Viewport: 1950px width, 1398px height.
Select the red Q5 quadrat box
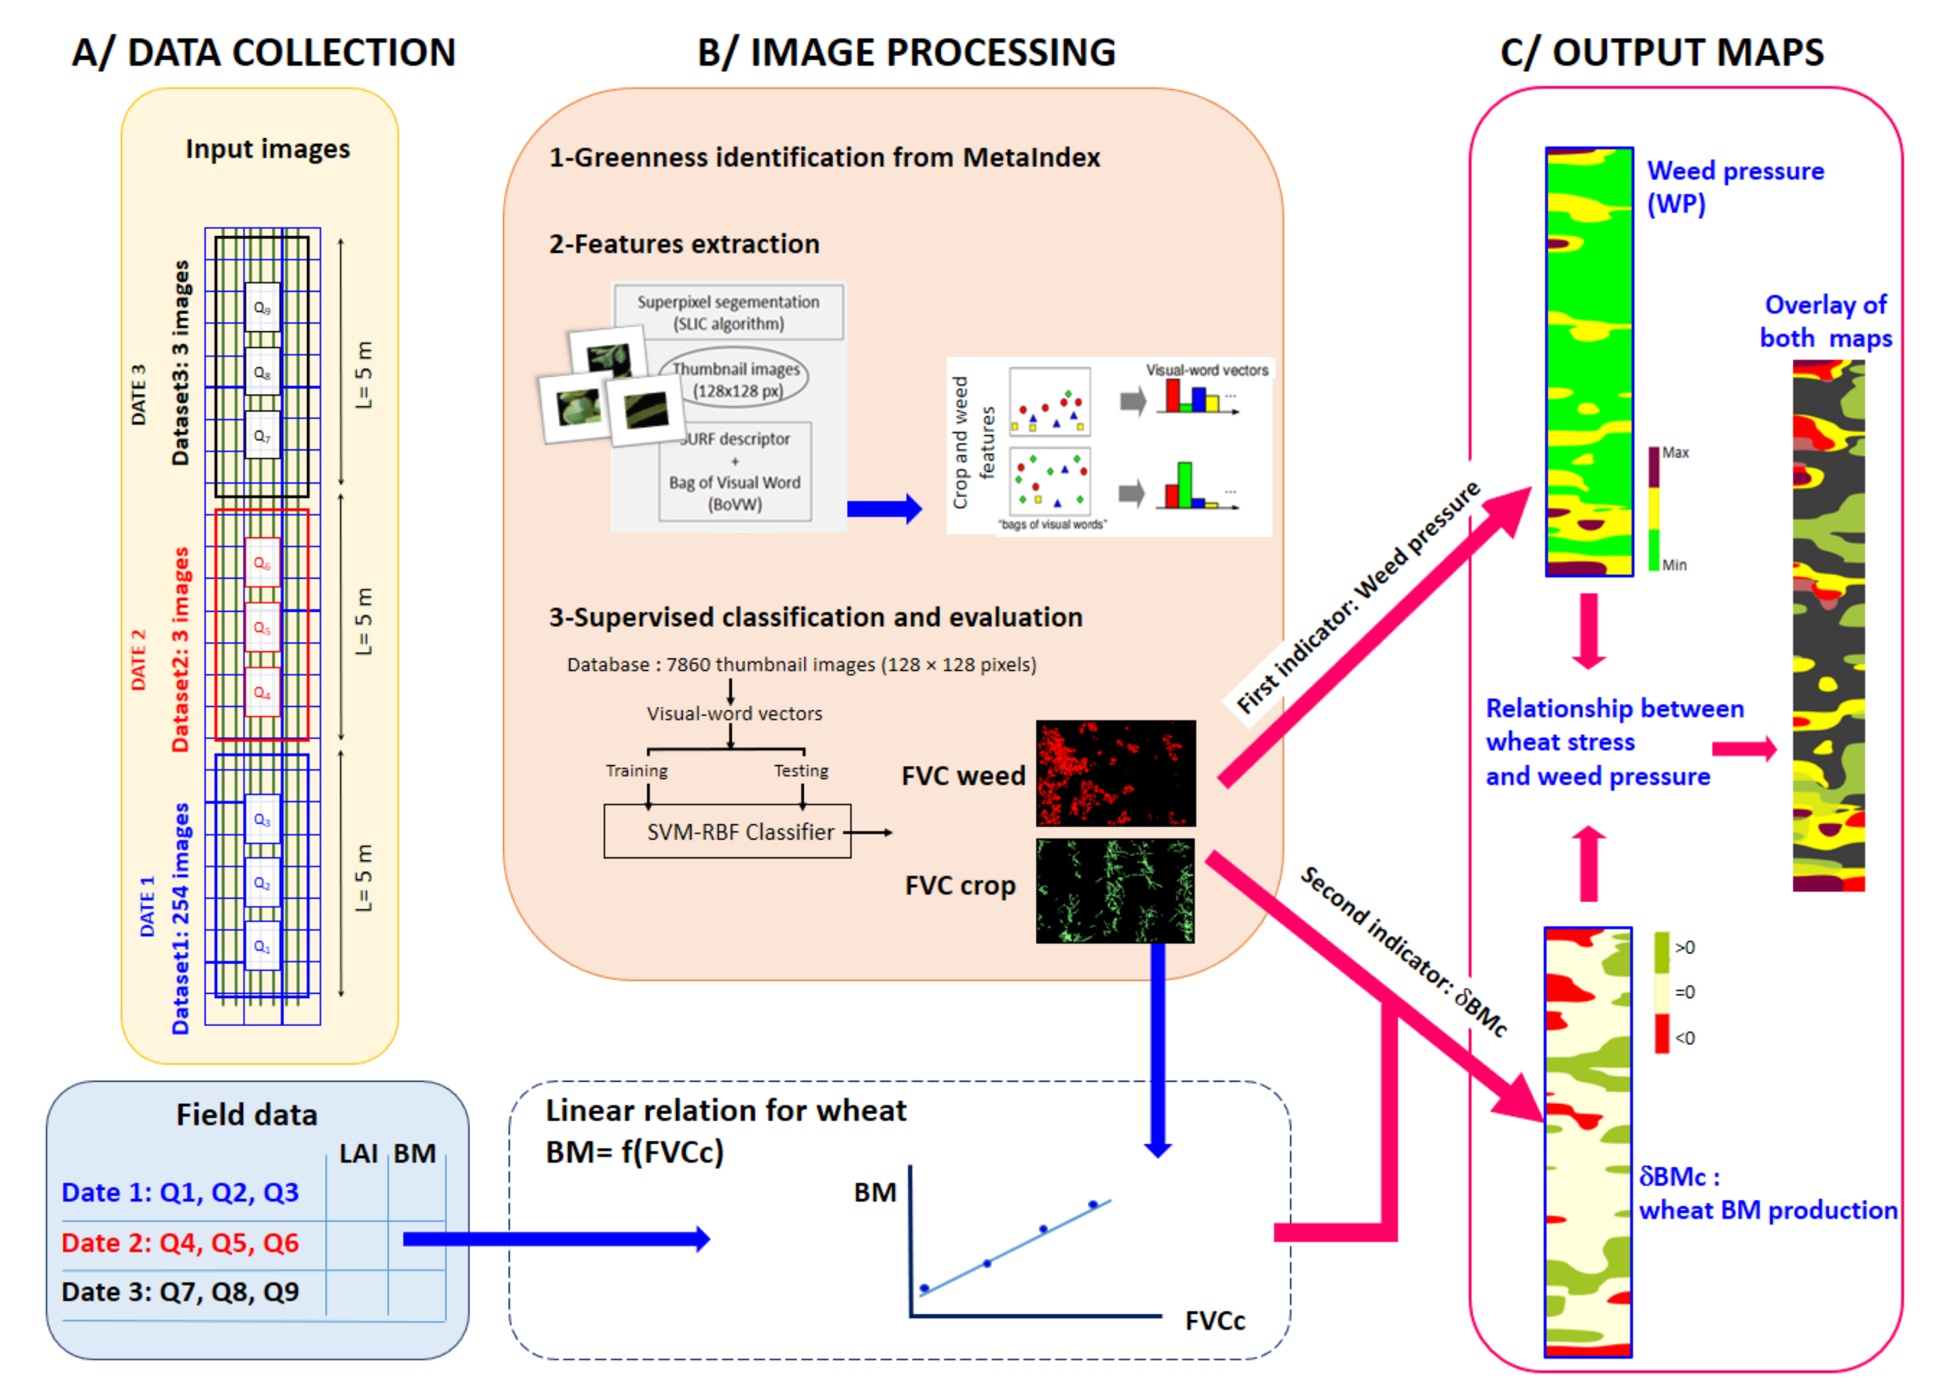[262, 628]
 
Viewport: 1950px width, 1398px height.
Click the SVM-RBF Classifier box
[727, 832]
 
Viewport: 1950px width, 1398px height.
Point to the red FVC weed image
[1115, 773]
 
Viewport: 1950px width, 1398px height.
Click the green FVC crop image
[1115, 891]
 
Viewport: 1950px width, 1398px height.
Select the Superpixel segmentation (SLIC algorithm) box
[727, 312]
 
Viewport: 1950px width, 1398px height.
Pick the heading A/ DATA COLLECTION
[263, 52]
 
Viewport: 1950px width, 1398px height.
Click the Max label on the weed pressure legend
[1675, 453]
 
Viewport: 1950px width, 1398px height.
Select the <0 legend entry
[1684, 1038]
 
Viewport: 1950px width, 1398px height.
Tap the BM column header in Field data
[415, 1153]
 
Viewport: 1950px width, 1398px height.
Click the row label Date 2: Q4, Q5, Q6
[181, 1243]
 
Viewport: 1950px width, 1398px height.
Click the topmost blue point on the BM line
[1093, 1205]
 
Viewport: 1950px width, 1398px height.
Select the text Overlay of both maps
[1825, 321]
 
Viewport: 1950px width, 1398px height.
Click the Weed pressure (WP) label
[1734, 187]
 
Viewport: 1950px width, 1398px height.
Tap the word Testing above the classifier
[800, 770]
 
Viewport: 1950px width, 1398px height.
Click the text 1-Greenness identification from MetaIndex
[824, 157]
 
